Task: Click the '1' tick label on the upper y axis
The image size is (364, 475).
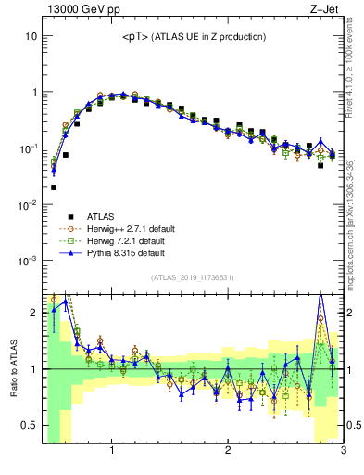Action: (33, 92)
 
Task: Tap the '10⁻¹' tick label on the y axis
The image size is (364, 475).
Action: (29, 148)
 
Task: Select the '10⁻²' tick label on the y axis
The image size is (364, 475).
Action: (29, 204)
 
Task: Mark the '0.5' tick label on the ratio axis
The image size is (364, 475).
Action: (30, 426)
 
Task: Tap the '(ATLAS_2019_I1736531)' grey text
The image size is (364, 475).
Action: (193, 276)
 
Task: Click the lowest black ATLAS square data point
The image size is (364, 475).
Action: (54, 187)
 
